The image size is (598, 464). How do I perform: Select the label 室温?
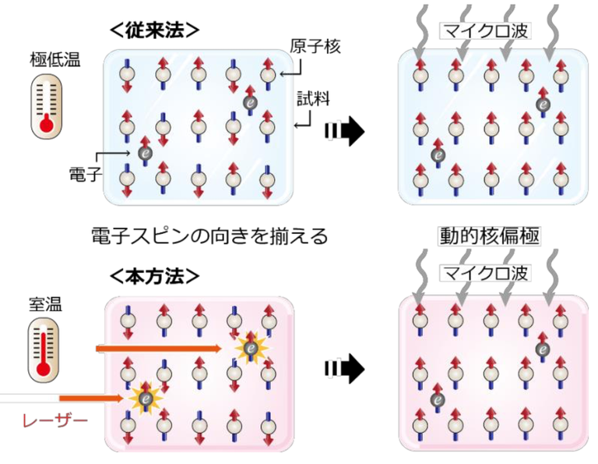pos(47,303)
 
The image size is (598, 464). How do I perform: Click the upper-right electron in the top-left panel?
pos(250,101)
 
